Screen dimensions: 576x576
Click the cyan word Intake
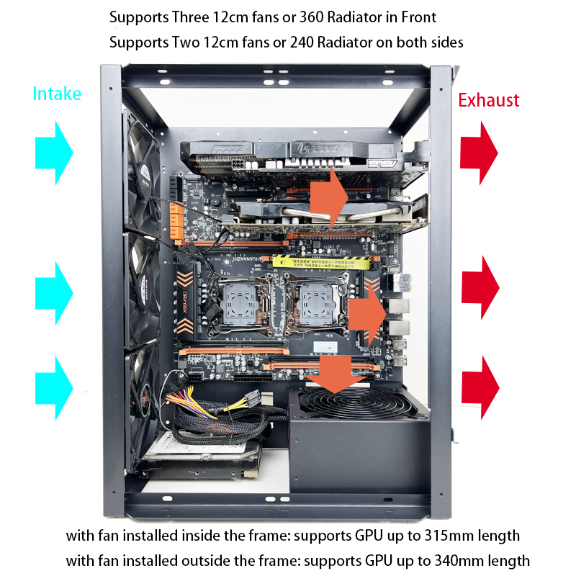tap(57, 94)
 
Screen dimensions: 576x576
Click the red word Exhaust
tap(489, 100)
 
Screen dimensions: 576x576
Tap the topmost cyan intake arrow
tap(54, 153)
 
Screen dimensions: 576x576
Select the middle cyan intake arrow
tap(54, 293)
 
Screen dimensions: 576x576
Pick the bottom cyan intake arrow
tap(54, 388)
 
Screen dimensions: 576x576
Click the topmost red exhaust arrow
tap(479, 153)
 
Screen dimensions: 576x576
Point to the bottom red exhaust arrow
tap(480, 387)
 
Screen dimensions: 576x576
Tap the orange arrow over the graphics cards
tap(329, 197)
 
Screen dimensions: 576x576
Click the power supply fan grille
tap(354, 403)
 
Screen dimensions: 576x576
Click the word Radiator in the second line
tap(344, 42)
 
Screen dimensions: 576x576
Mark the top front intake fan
tap(143, 173)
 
